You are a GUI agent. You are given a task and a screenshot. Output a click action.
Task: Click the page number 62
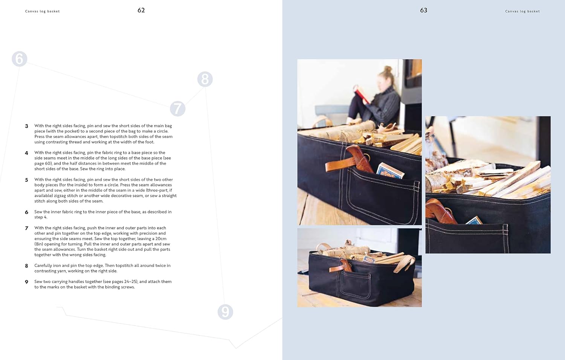pos(141,10)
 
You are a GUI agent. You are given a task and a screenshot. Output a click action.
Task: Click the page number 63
pos(423,10)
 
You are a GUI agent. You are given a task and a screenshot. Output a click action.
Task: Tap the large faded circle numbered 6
pos(20,59)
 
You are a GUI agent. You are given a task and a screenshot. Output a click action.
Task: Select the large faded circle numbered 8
pos(205,79)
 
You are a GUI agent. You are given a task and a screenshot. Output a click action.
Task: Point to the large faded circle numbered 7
pos(177,109)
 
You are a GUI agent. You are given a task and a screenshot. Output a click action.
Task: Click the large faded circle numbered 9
pos(225,312)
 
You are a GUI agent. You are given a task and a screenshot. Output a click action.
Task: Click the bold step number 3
pos(26,126)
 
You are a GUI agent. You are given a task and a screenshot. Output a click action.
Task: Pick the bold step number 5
pos(26,180)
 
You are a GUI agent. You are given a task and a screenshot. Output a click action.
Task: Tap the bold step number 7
pos(26,228)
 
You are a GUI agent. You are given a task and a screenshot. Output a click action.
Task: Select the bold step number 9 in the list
pos(26,282)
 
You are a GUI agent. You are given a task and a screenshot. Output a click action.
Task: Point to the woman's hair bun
pos(388,69)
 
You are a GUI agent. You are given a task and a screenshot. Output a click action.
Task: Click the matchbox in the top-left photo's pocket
pos(390,171)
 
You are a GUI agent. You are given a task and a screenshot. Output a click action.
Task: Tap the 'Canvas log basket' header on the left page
pos(42,11)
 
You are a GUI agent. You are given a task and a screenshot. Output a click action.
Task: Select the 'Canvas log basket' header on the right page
pos(522,11)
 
